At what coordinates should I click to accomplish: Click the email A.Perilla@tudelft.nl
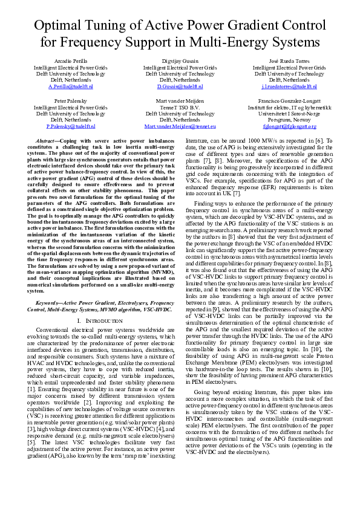coord(70,86)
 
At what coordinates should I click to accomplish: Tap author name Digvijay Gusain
coord(180,62)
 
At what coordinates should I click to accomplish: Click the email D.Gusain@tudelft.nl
coord(180,86)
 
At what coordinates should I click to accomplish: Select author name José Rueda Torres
coord(289,62)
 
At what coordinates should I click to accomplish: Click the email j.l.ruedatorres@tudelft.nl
coord(289,86)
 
